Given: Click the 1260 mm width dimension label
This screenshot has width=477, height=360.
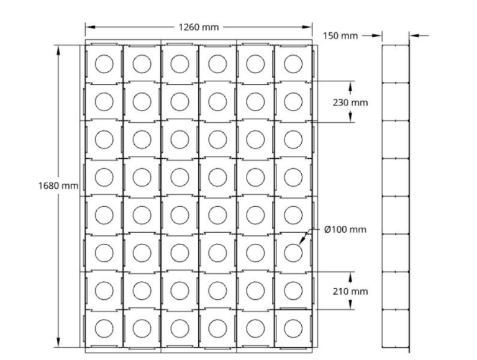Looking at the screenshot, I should [199, 27].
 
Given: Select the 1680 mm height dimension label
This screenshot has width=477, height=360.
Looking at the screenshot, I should [58, 185].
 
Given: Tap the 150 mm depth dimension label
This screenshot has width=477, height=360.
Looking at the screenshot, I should [340, 35].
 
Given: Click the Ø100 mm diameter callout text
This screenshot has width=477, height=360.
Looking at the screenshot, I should [345, 229].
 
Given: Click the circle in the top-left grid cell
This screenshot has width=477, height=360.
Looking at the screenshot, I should [104, 63].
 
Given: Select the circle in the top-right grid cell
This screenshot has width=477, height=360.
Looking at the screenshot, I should [293, 63].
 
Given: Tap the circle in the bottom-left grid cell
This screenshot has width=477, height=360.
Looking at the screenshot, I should [104, 328].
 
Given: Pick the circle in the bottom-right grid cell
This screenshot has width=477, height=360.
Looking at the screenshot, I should [293, 328].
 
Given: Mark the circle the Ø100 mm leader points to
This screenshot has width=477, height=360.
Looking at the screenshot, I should [293, 252].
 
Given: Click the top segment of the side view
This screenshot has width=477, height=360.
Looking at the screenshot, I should [395, 64].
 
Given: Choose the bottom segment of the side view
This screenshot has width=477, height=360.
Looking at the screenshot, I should [395, 328].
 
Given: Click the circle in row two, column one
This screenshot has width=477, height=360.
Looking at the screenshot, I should [104, 101].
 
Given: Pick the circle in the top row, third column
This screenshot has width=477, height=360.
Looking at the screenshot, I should [179, 63].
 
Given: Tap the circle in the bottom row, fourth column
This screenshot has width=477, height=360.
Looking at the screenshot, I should [217, 328].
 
